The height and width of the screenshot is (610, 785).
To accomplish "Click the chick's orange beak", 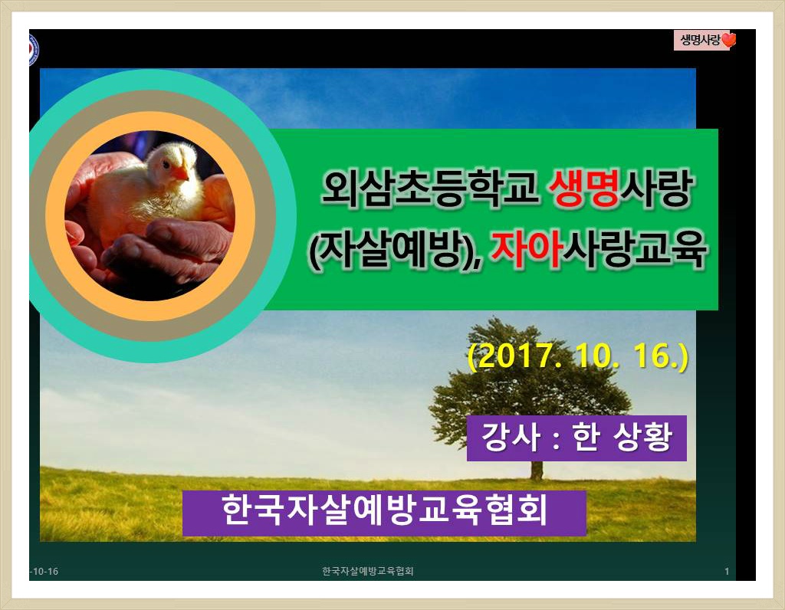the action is pyautogui.click(x=180, y=173).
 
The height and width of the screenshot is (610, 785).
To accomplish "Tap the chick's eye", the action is pyautogui.click(x=166, y=162).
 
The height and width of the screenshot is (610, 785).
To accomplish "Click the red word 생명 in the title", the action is pyautogui.click(x=583, y=189).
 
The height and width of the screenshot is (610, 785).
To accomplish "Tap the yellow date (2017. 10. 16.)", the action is pyautogui.click(x=577, y=356).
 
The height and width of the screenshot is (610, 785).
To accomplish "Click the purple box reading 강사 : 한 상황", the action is pyautogui.click(x=576, y=438).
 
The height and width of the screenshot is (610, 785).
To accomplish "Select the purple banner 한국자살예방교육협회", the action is pyautogui.click(x=384, y=513).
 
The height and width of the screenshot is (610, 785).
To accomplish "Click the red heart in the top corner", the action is pyautogui.click(x=729, y=40).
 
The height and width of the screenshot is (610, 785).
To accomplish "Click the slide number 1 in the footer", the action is pyautogui.click(x=727, y=572).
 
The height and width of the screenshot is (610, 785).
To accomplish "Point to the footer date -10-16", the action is pyautogui.click(x=44, y=572).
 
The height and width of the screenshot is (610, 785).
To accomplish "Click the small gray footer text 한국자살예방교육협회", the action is pyautogui.click(x=368, y=571).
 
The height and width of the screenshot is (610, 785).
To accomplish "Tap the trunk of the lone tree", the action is pyautogui.click(x=537, y=470).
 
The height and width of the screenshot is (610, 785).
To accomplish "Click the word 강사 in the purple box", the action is pyautogui.click(x=511, y=438).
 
